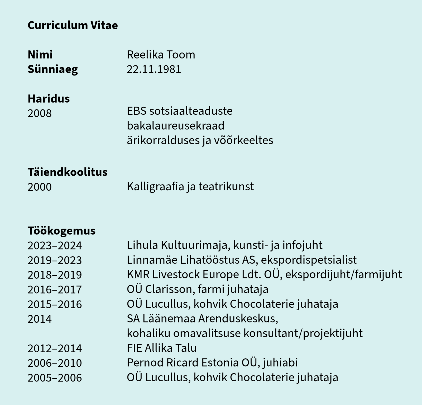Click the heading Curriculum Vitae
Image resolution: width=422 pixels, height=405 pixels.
click(73, 25)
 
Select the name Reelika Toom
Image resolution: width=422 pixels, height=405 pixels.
click(161, 55)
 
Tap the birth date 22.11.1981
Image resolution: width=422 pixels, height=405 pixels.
click(154, 69)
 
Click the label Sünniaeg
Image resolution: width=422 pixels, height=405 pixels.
click(53, 69)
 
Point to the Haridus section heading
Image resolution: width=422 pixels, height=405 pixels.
click(49, 99)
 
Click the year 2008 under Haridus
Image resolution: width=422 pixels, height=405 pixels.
click(40, 113)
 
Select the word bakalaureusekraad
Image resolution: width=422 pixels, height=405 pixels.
click(175, 126)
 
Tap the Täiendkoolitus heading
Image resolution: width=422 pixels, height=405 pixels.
click(68, 172)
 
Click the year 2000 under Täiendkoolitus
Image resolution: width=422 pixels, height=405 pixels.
click(40, 187)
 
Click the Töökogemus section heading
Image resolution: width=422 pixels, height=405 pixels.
click(61, 231)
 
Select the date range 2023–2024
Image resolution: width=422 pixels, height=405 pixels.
click(55, 245)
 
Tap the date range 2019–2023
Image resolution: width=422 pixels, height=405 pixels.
click(55, 260)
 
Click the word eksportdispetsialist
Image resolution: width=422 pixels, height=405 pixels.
click(309, 260)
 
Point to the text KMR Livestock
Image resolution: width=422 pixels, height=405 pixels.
click(163, 274)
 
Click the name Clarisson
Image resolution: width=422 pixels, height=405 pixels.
click(170, 289)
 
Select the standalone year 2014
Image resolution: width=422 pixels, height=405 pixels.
click(40, 319)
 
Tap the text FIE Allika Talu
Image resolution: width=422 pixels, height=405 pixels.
click(162, 348)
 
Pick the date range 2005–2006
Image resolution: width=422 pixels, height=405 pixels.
click(55, 378)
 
